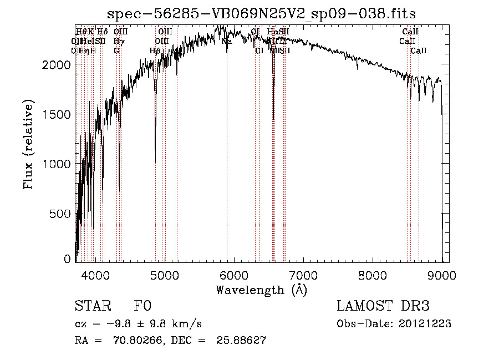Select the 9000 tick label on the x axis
pyautogui.click(x=441, y=275)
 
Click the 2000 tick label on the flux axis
pyautogui.click(x=58, y=65)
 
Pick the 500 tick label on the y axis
pyautogui.click(x=62, y=214)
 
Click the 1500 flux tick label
pyautogui.click(x=58, y=114)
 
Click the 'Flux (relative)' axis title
pyautogui.click(x=28, y=144)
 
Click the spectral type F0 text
pyautogui.click(x=142, y=306)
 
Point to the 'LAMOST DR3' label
pyautogui.click(x=383, y=306)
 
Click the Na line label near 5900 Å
pyautogui.click(x=227, y=41)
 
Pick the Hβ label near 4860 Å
pyautogui.click(x=155, y=50)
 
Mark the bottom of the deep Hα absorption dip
pyautogui.click(x=273, y=119)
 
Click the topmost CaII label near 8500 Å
pyautogui.click(x=410, y=32)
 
